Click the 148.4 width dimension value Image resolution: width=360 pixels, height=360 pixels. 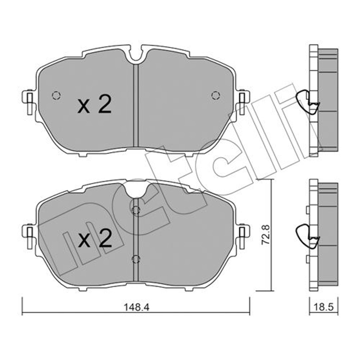(136, 307)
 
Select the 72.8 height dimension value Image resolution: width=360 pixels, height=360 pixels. (266, 234)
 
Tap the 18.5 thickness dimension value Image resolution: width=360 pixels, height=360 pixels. (324, 307)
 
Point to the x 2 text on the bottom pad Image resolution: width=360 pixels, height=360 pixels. (94, 238)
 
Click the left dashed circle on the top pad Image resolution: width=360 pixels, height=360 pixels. (56, 95)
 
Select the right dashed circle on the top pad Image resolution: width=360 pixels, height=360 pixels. (215, 95)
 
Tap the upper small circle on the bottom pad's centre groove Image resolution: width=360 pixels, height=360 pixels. (136, 210)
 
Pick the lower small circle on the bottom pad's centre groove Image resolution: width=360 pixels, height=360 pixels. (136, 259)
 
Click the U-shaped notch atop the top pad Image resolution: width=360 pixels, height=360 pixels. (136, 55)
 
